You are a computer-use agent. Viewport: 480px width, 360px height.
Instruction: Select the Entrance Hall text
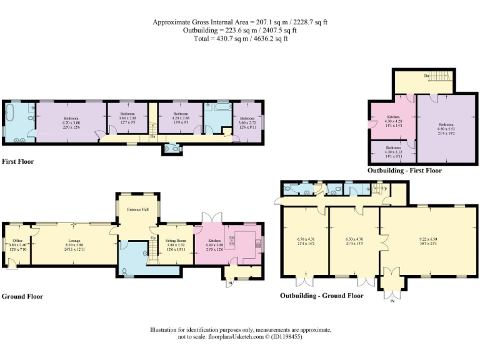click(x=138, y=209)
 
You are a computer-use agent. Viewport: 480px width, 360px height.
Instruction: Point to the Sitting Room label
click(x=176, y=239)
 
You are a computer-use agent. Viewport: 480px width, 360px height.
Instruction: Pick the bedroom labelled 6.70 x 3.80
click(x=71, y=121)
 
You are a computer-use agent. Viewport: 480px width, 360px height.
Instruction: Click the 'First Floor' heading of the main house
click(x=18, y=161)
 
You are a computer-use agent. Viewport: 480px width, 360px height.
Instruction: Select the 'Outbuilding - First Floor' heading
click(x=404, y=170)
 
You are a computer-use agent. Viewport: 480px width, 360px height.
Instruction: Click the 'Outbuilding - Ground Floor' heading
click(x=321, y=296)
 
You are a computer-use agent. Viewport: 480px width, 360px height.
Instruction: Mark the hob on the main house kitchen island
click(x=244, y=241)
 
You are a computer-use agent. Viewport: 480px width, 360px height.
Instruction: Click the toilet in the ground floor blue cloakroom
click(x=126, y=271)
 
